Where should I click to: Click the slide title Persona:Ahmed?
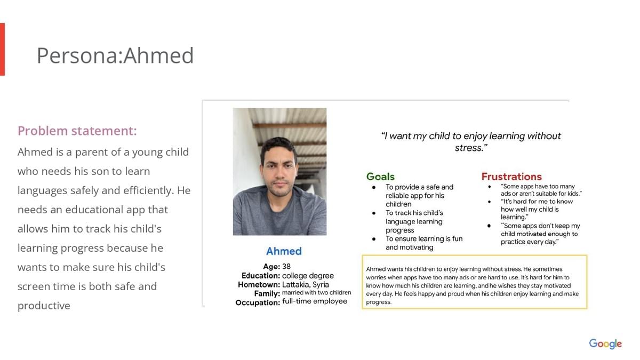click(115, 55)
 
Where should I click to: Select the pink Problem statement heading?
click(77, 131)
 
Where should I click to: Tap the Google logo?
click(605, 344)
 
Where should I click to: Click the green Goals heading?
click(380, 177)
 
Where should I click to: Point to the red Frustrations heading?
click(511, 177)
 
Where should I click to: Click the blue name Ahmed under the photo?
click(284, 251)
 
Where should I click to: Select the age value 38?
click(286, 266)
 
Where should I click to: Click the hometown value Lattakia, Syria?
click(306, 285)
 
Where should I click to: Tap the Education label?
click(261, 276)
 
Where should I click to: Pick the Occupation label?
click(258, 302)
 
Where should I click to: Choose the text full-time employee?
click(315, 301)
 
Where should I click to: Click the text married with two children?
click(317, 293)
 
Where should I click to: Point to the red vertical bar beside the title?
click(2, 49)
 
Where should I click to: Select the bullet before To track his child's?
click(374, 213)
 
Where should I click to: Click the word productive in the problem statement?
click(44, 306)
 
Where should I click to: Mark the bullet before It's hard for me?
click(489, 202)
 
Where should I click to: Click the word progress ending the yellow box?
click(378, 302)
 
